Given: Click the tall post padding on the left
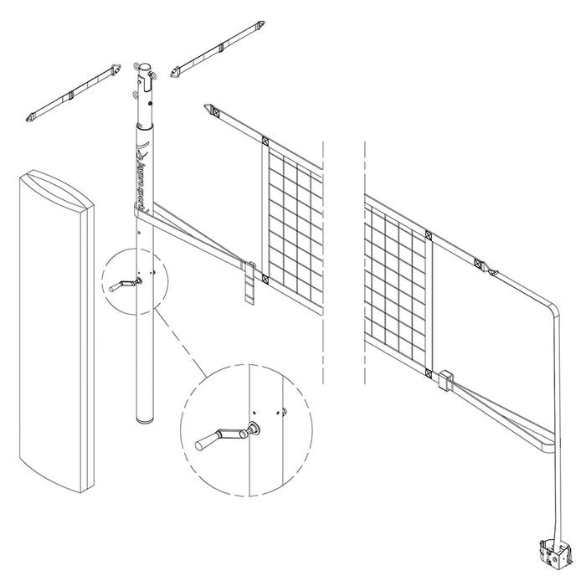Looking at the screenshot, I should [x=55, y=335].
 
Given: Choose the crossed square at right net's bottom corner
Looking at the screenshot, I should [x=429, y=372].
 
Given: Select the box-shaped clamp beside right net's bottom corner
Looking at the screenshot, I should [x=445, y=380].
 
